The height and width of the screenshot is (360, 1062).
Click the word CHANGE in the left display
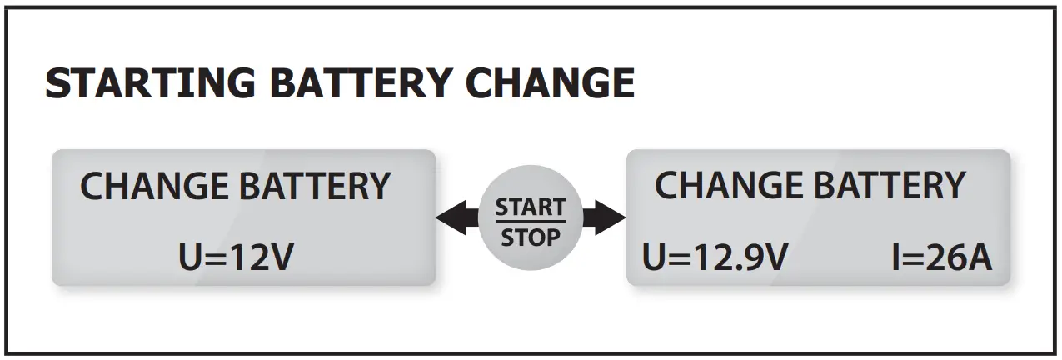point(154,186)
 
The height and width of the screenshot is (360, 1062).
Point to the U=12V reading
point(236,258)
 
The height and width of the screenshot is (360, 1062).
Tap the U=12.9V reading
point(715,258)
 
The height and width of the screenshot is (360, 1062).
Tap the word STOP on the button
point(531,237)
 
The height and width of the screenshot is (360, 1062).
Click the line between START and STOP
point(531,222)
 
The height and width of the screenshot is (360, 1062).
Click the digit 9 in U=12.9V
point(756,258)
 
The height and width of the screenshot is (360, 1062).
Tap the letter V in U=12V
point(281,258)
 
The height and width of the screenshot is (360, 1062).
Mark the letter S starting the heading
point(57,84)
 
